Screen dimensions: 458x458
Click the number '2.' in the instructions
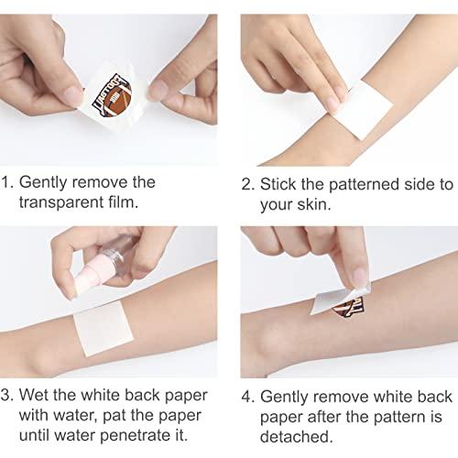click(x=247, y=182)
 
